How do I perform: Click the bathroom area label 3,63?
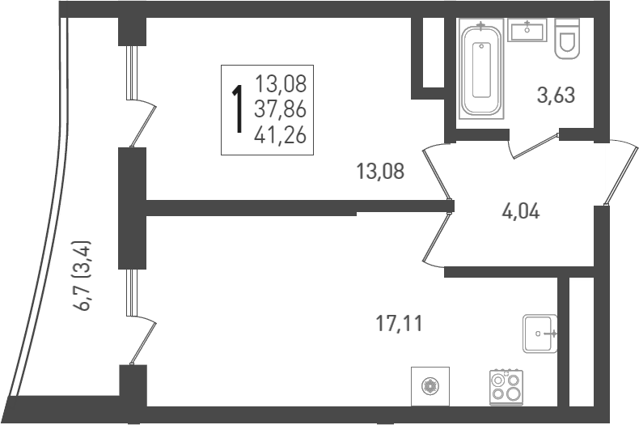coord(556,96)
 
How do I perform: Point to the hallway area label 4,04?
coord(520,212)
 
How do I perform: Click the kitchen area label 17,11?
coord(399,325)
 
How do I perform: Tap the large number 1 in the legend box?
coord(238,110)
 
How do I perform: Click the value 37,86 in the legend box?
coord(280,109)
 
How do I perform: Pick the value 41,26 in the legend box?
coord(280,135)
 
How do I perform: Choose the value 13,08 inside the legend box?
coord(280,83)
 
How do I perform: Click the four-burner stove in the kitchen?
coord(506,386)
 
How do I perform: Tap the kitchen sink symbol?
coord(540,333)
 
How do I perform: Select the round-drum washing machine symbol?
coord(428,385)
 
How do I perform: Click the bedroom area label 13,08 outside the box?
coord(379,171)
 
